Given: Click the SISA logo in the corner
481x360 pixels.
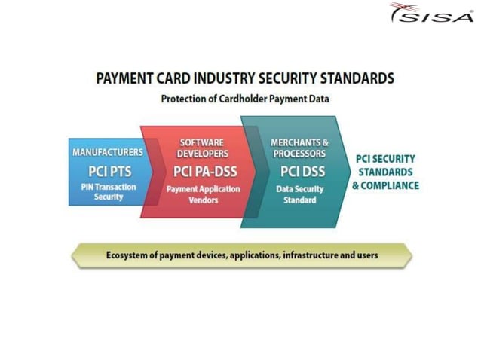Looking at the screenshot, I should point(430,14).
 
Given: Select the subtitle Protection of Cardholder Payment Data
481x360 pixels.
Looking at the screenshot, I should point(245,98).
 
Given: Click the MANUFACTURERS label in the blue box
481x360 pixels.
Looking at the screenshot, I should point(107,153).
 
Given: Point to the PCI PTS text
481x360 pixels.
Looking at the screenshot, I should point(108,171).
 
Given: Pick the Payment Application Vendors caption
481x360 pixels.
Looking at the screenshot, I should point(201,195).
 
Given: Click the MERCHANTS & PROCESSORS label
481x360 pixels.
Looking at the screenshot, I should point(299,148).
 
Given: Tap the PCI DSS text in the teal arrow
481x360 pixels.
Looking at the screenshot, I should point(299,171).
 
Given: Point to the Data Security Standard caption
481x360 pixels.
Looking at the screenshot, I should point(299,195).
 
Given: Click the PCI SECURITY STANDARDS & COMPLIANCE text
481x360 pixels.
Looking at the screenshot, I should point(385,172).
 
